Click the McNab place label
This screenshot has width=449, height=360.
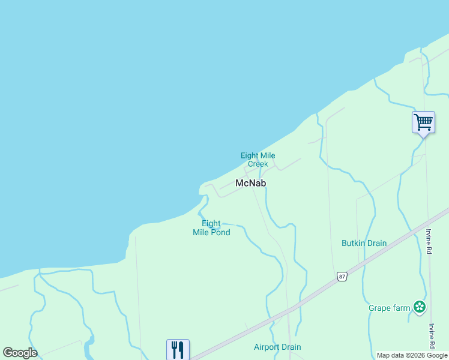click(x=250, y=183)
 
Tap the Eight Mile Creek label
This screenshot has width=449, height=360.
click(x=258, y=160)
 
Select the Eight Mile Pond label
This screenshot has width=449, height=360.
click(x=211, y=228)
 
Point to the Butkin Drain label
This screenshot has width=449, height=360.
click(x=364, y=243)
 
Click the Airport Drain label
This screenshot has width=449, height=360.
click(x=277, y=347)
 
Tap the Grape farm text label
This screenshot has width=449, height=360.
click(x=390, y=308)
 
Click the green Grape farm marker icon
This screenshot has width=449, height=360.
click(x=420, y=308)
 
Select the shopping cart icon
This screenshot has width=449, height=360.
click(x=423, y=122)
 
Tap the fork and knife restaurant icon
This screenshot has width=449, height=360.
click(x=178, y=349)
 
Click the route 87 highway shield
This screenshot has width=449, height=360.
click(x=342, y=276)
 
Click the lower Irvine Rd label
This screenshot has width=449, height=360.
click(x=431, y=337)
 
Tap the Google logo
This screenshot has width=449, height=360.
click(x=20, y=353)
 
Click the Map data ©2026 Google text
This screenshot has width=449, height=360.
click(x=412, y=355)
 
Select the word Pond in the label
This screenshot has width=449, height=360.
click(x=220, y=232)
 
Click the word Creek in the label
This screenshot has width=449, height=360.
click(x=258, y=164)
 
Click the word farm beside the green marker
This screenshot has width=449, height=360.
click(x=402, y=308)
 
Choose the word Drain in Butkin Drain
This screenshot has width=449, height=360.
click(x=376, y=243)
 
